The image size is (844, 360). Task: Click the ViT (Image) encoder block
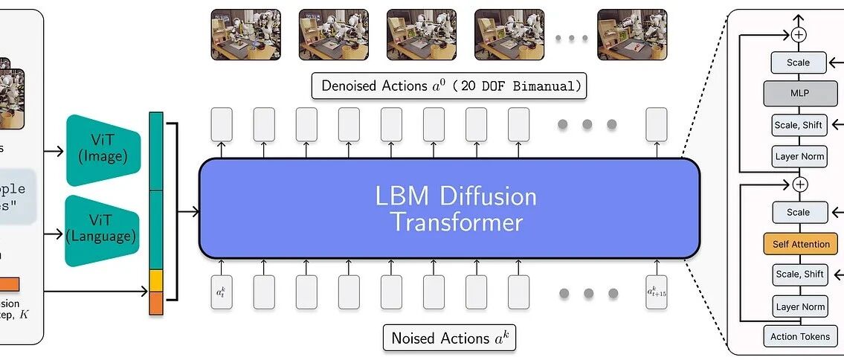(x=103, y=151)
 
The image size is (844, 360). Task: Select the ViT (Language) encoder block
(x=103, y=230)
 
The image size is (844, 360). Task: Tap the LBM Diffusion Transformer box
(x=449, y=209)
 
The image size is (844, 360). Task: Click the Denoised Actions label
(x=449, y=86)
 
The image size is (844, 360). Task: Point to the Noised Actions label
(x=448, y=338)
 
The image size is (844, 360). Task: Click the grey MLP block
(x=799, y=94)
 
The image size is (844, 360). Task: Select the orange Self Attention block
(x=800, y=243)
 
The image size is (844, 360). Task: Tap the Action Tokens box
(x=800, y=336)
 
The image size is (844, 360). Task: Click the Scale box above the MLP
(x=799, y=62)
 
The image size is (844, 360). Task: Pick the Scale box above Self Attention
(x=799, y=212)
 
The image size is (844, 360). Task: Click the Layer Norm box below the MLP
(x=799, y=156)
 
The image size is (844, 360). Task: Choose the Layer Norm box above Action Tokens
(x=799, y=306)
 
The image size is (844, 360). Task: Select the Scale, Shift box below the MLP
(x=799, y=125)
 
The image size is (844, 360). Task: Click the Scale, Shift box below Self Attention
(x=799, y=274)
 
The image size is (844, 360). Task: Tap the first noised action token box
(x=221, y=292)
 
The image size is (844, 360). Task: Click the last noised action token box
(x=657, y=292)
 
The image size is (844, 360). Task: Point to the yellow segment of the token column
(x=156, y=280)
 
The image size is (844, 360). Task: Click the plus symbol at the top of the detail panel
(x=799, y=34)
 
